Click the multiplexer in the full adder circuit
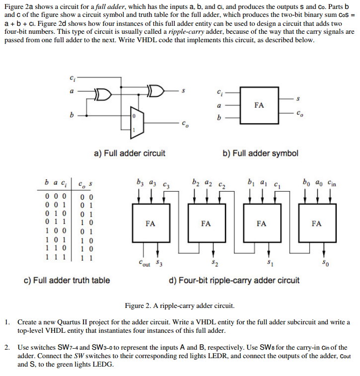click(137, 123)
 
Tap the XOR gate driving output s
click(156, 90)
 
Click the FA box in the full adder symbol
click(259, 105)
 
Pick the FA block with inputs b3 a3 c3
click(151, 223)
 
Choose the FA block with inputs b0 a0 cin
click(317, 223)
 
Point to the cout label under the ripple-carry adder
click(144, 263)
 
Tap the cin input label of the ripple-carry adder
click(332, 183)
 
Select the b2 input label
click(196, 182)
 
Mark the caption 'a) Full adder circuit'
click(130, 153)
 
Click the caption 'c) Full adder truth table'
click(67, 280)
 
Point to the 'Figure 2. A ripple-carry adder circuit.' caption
click(180, 306)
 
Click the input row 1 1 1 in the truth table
click(56, 257)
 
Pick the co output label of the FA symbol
click(300, 113)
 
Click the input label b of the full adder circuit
click(72, 115)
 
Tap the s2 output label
click(215, 263)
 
